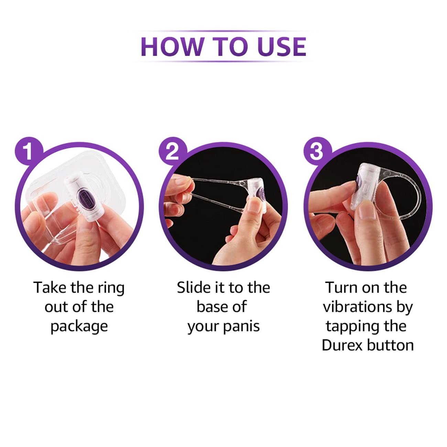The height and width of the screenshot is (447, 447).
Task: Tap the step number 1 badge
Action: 29,151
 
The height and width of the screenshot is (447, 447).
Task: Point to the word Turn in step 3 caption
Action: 340,288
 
